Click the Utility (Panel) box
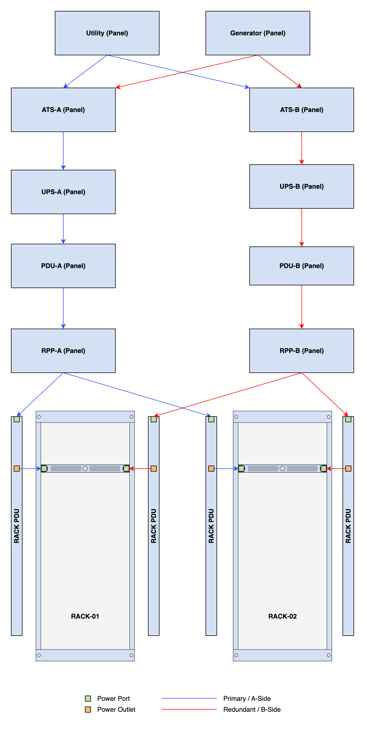(107, 33)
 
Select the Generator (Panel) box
(258, 33)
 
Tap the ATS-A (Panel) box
(63, 110)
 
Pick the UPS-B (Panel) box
(302, 186)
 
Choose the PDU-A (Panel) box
(63, 266)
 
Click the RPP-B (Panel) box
(302, 351)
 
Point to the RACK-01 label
(85, 616)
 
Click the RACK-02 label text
(282, 616)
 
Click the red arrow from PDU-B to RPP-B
(302, 307)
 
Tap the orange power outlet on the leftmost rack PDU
(17, 469)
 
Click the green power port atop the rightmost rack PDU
(348, 419)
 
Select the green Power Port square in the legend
(88, 698)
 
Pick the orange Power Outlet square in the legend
(88, 710)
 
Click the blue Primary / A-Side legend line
(189, 698)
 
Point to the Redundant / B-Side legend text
(252, 710)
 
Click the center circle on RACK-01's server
(85, 469)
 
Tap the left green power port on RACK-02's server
(241, 469)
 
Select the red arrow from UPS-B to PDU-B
(302, 228)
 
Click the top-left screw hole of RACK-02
(236, 417)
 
